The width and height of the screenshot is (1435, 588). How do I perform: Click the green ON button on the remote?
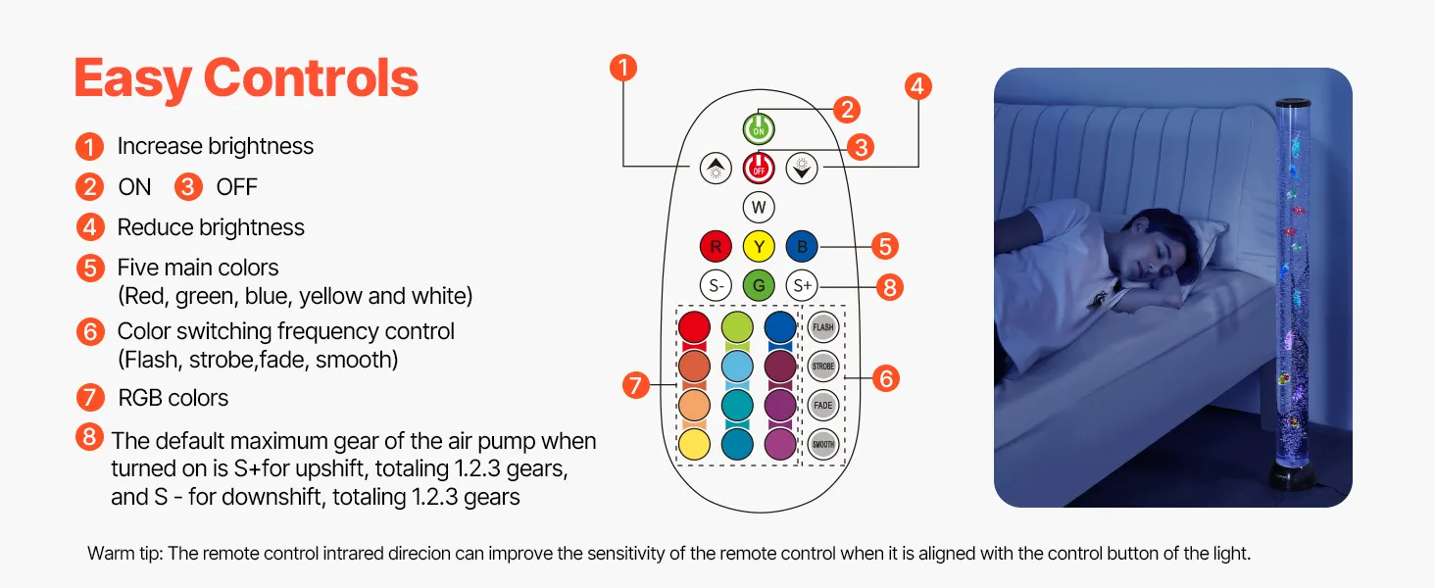pos(759,128)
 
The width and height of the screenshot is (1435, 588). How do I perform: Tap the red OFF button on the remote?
pos(759,168)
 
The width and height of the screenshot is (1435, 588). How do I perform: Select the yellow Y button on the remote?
pos(759,246)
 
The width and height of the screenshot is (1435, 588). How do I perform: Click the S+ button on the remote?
pos(802,286)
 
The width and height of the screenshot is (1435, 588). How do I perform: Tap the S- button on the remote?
pos(716,286)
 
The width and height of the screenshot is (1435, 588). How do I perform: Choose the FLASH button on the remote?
pos(823,326)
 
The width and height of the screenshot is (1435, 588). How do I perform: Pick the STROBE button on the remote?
pos(823,366)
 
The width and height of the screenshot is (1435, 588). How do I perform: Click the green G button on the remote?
pos(759,286)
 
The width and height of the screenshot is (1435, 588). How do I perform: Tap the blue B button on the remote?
pos(802,246)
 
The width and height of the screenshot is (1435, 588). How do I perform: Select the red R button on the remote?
pos(716,246)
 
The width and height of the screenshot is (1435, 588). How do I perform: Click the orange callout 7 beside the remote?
pos(637,385)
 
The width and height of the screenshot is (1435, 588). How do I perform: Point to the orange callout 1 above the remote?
pos(623,68)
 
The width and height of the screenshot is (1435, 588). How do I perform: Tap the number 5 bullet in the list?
pos(89,269)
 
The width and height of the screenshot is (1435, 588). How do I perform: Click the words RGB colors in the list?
pos(173,398)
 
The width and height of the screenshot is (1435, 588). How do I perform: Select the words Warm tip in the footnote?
pos(124,554)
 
